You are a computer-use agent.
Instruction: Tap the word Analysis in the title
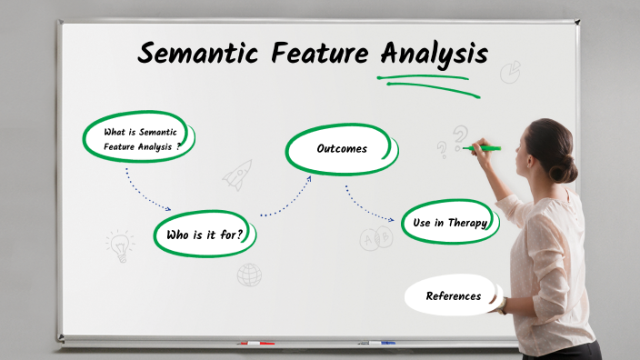click(x=434, y=53)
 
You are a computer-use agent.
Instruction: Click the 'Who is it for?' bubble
click(x=205, y=235)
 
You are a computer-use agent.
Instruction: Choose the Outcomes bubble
click(x=341, y=148)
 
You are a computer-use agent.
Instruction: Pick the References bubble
click(x=453, y=295)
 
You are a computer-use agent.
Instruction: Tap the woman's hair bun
click(x=568, y=169)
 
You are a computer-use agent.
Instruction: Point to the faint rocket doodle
click(x=237, y=174)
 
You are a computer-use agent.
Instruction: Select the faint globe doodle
click(x=249, y=275)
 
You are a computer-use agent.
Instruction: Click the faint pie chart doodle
click(x=510, y=71)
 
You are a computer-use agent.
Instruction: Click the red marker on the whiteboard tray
click(x=256, y=344)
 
